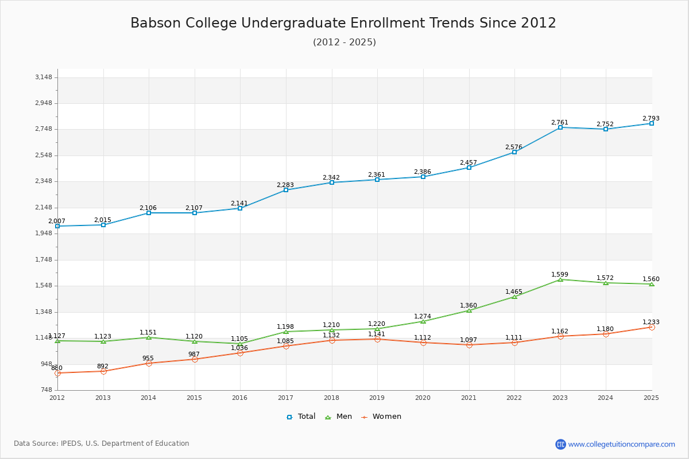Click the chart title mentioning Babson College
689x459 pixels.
click(343, 23)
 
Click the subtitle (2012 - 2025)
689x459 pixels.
click(344, 42)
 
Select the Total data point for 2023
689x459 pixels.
click(560, 127)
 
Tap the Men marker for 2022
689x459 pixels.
click(514, 297)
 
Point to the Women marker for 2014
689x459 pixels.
click(149, 363)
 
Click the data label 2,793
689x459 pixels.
click(651, 118)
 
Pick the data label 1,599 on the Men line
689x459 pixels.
click(560, 274)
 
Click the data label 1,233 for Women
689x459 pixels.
click(651, 322)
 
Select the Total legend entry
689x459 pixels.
click(301, 417)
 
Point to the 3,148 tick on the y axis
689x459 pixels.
click(43, 77)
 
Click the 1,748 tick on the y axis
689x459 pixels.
click(43, 260)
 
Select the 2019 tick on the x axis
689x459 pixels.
click(377, 397)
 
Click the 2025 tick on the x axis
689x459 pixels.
click(651, 397)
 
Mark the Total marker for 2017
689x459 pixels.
click(286, 190)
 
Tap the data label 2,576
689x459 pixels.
click(514, 147)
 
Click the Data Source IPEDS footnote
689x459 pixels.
click(102, 444)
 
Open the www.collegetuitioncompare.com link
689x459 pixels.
click(621, 444)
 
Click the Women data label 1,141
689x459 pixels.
click(377, 334)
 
